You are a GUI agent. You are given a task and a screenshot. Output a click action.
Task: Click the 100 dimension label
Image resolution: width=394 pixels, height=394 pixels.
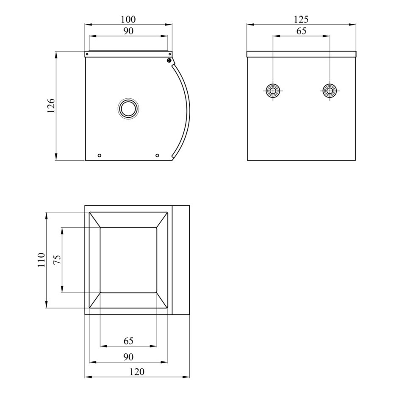(128, 19)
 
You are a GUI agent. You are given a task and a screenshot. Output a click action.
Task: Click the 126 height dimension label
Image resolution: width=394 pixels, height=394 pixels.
(51, 105)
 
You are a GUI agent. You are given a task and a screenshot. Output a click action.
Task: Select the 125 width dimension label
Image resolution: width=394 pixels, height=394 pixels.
(301, 19)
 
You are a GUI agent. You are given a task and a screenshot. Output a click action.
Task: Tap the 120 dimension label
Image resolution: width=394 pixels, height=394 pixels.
(137, 372)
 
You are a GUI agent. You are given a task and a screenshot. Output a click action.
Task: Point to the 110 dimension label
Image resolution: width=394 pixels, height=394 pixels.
(41, 260)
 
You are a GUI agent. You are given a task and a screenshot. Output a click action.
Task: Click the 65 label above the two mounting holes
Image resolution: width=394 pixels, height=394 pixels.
(301, 31)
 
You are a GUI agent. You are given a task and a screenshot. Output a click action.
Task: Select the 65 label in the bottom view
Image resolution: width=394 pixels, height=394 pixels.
(128, 341)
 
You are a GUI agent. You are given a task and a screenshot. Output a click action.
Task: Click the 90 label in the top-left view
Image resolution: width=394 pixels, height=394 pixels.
(128, 31)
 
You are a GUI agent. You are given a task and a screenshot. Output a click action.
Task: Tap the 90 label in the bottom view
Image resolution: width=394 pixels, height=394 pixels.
(128, 357)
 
